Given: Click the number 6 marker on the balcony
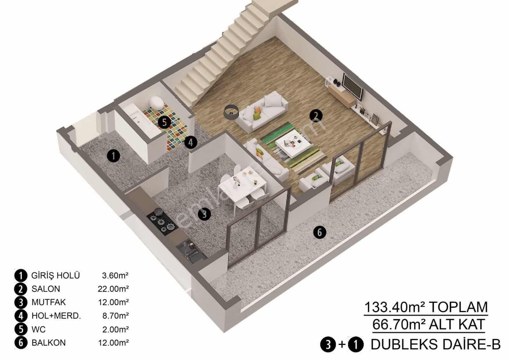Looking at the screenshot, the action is click(x=320, y=232).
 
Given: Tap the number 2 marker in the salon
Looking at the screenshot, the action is click(x=316, y=116).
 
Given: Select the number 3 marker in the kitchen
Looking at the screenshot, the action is click(x=204, y=214).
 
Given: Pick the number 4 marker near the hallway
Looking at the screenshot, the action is click(x=191, y=143).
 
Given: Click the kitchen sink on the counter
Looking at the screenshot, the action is click(x=190, y=250).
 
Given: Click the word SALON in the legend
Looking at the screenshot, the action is click(x=46, y=289).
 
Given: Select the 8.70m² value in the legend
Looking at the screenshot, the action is click(x=116, y=316).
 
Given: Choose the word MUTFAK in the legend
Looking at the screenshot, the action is click(x=49, y=302).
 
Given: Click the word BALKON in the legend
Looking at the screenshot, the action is click(x=49, y=343).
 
